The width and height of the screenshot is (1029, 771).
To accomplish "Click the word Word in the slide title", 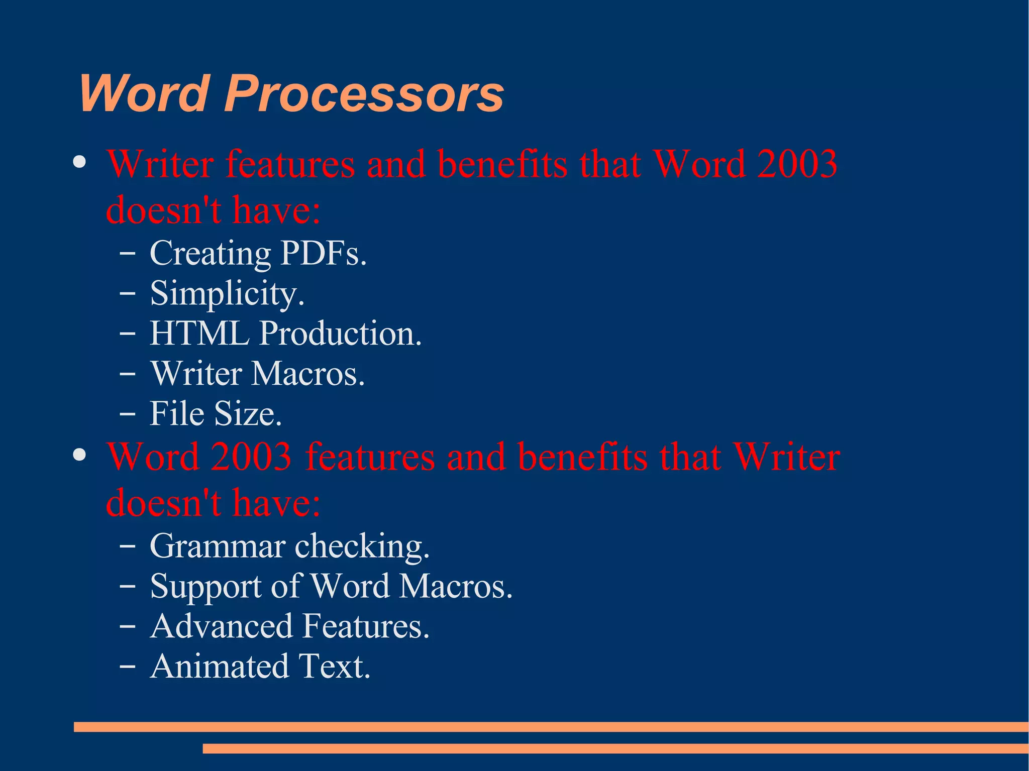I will tap(144, 93).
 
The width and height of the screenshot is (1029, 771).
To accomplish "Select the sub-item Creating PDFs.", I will tap(258, 253).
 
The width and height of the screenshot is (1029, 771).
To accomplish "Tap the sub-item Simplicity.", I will tap(227, 293).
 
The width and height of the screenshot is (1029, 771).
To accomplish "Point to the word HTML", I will tap(199, 333).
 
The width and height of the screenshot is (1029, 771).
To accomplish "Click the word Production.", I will tap(341, 333).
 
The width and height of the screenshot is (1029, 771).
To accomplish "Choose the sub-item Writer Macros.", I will tap(257, 373).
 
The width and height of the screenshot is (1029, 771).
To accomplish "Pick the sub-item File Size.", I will tap(216, 413).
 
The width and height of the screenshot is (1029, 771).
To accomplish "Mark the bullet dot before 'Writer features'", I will tap(79, 162).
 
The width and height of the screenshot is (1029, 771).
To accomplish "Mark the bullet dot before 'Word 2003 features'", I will tap(79, 455).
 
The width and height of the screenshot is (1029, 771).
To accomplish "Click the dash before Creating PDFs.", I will tap(128, 254).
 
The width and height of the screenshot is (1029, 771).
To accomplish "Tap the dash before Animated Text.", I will tap(128, 667).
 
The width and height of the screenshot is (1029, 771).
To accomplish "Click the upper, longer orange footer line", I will tap(551, 727).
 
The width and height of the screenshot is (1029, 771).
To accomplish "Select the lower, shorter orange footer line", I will tap(615, 748).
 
